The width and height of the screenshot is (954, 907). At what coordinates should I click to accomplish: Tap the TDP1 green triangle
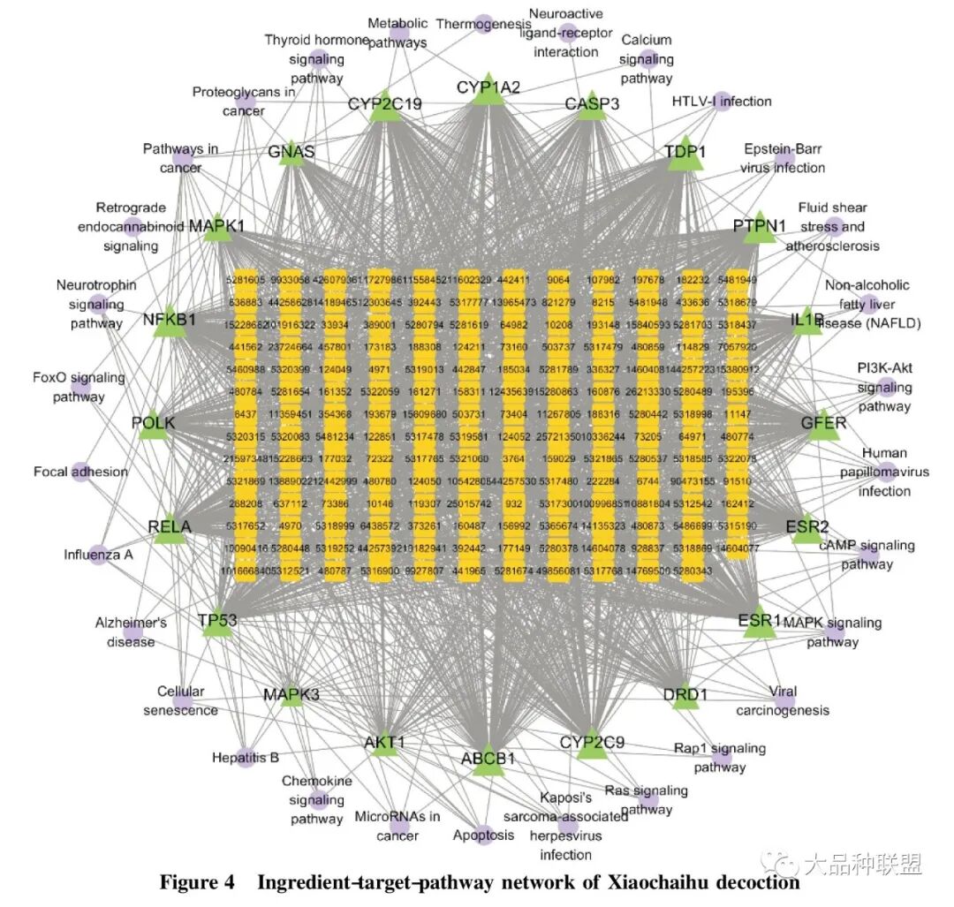(x=685, y=155)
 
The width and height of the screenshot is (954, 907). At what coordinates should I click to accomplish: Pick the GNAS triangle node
(x=291, y=154)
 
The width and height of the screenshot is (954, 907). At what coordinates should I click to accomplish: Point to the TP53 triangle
(x=217, y=624)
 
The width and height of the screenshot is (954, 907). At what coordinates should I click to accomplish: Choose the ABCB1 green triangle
(x=488, y=760)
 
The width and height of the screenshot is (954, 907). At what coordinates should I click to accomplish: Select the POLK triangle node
(x=154, y=425)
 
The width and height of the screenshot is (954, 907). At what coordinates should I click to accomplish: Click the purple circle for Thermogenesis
(x=483, y=24)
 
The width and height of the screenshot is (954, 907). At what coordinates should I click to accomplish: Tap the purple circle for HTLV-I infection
(x=722, y=101)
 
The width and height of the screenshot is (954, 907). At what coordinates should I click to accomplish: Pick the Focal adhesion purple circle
(x=81, y=472)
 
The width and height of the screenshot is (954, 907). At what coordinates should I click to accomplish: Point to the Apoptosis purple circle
(x=483, y=835)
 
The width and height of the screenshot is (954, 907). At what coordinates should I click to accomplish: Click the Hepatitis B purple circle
(x=246, y=758)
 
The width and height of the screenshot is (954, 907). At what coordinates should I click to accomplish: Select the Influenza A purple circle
(x=98, y=555)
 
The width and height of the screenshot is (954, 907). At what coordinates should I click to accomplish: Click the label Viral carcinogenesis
(x=783, y=700)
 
